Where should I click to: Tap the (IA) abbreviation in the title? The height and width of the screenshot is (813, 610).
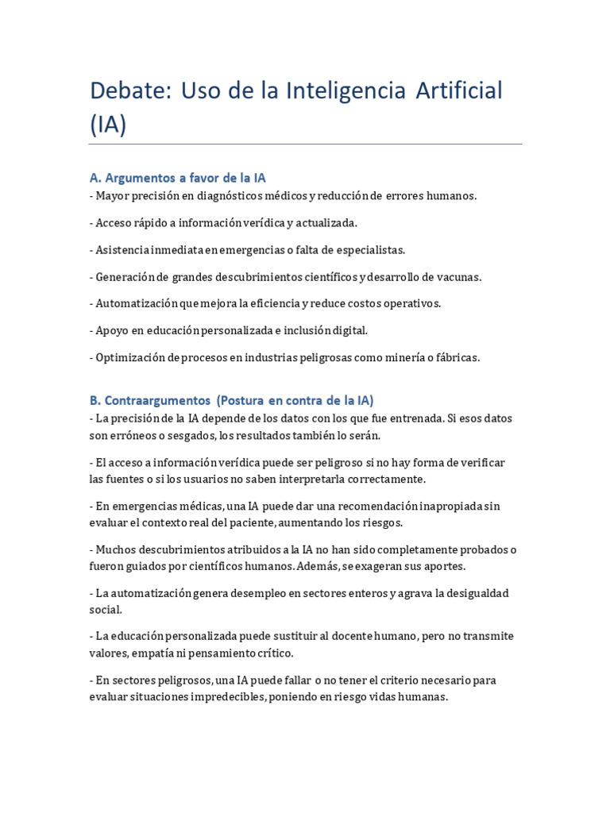pyautogui.click(x=108, y=125)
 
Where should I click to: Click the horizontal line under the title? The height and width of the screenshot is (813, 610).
pyautogui.click(x=305, y=144)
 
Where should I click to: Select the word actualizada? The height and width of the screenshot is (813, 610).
pyautogui.click(x=326, y=223)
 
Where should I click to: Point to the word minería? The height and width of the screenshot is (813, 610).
pyautogui.click(x=409, y=357)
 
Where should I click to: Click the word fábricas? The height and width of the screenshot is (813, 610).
pyautogui.click(x=457, y=357)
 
